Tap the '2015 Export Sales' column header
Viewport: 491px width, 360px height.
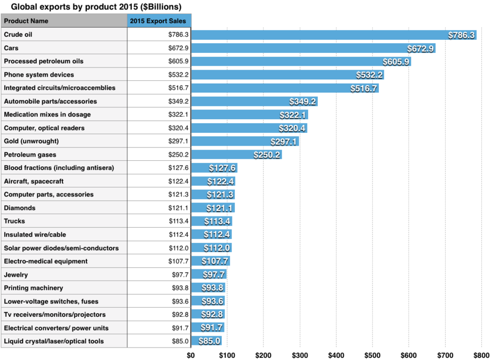(x=159, y=21)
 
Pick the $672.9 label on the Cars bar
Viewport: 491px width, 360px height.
(x=418, y=49)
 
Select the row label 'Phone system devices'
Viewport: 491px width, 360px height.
(x=39, y=74)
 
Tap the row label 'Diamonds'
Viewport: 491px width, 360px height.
(x=19, y=208)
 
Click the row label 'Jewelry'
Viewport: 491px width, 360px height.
(x=16, y=275)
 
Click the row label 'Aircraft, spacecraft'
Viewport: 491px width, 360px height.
(x=33, y=181)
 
